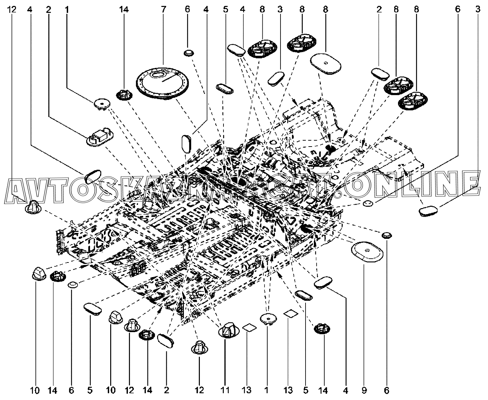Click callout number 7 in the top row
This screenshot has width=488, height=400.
pyautogui.click(x=163, y=9)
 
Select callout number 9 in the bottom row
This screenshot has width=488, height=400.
pyautogui.click(x=364, y=391)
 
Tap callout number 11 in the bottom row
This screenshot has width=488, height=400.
pyautogui.click(x=225, y=391)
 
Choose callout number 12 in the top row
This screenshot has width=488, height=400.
pyautogui.click(x=12, y=9)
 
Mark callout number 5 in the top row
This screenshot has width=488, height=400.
pyautogui.click(x=225, y=9)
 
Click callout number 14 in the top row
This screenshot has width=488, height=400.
pyautogui.click(x=124, y=9)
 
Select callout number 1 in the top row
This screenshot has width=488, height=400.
pyautogui.click(x=66, y=9)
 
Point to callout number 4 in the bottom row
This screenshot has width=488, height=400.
pyautogui.click(x=345, y=391)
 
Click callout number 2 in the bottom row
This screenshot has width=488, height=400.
pyautogui.click(x=166, y=391)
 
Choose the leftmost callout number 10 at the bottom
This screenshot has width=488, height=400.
pyautogui.click(x=35, y=391)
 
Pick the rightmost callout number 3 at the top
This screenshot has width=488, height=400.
pyautogui.click(x=478, y=9)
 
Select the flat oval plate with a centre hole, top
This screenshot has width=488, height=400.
pyautogui.click(x=325, y=63)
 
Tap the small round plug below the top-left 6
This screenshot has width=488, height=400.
pyautogui.click(x=188, y=53)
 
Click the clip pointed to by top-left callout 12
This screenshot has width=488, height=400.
pyautogui.click(x=33, y=207)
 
